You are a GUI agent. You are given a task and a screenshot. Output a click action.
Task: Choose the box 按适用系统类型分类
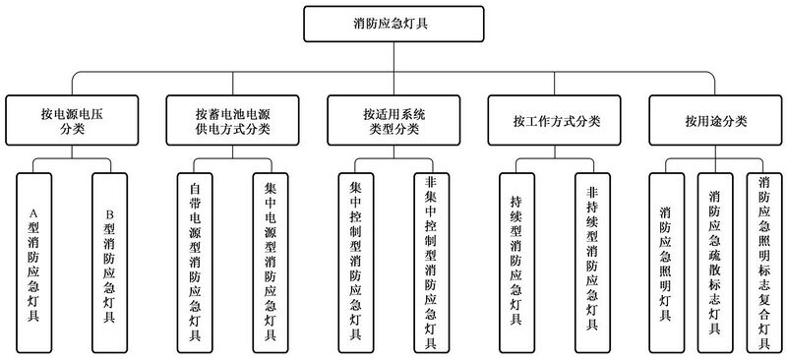(x=393, y=122)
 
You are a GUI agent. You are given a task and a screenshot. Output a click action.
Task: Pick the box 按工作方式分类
(x=557, y=122)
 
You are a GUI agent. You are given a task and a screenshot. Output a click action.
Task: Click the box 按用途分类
(x=717, y=122)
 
